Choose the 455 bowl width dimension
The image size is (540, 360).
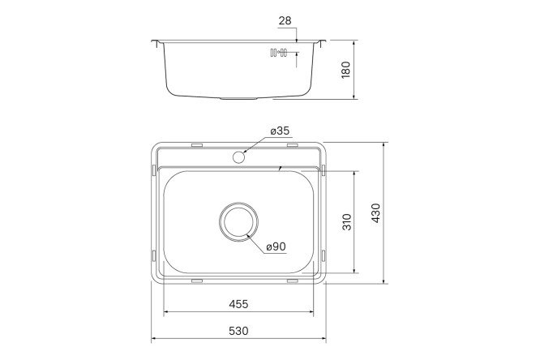(238, 304)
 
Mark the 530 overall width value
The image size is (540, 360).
(238, 331)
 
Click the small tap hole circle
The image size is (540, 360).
(239, 156)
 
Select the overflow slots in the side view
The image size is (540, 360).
(278, 54)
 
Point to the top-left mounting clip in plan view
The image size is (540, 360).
(196, 145)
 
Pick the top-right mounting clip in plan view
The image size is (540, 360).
(292, 145)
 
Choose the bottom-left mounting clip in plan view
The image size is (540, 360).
(196, 281)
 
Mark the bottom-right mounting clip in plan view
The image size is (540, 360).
(292, 281)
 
